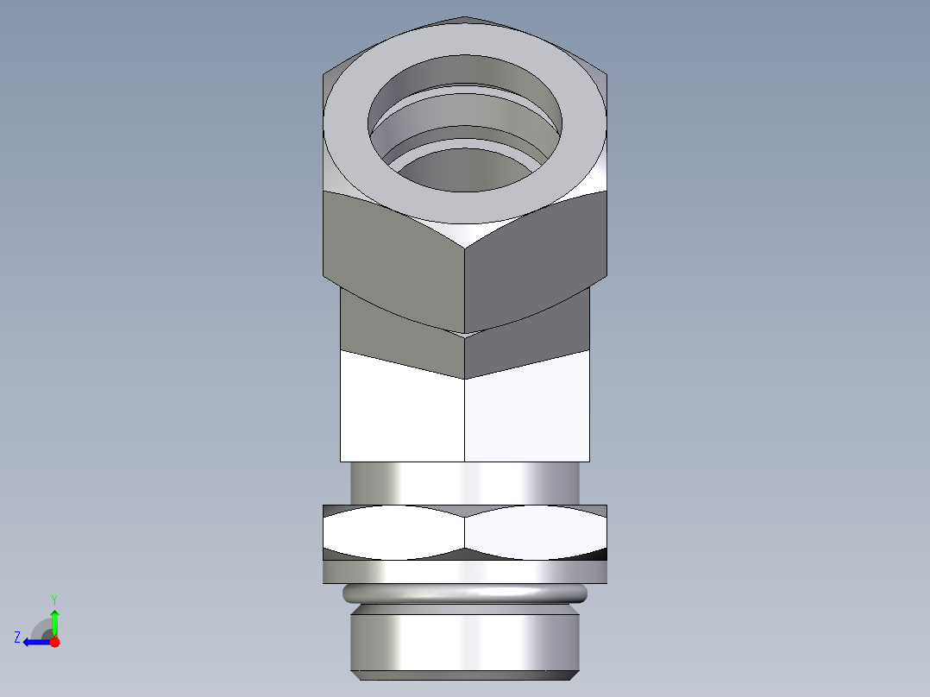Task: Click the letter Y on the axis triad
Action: [53, 598]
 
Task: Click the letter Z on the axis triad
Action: [17, 637]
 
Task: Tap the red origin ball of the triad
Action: [54, 642]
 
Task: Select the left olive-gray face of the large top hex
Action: [393, 246]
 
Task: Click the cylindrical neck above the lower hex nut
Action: [465, 483]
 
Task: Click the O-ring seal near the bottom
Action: [465, 594]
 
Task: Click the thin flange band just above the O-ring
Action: [465, 571]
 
